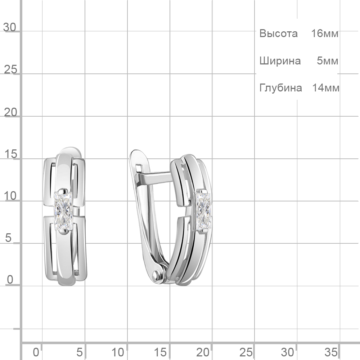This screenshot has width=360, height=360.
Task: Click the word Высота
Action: [x=278, y=33]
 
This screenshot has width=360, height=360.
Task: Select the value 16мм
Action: [x=324, y=33]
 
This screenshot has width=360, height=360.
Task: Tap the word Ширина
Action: [x=280, y=61]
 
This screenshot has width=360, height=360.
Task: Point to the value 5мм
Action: [x=327, y=61]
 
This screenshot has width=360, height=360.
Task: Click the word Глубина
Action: [x=280, y=88]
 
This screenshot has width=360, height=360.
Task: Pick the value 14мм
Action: [x=325, y=88]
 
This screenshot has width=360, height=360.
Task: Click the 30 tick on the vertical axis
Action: [x=9, y=27]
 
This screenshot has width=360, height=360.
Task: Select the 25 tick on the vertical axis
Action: [x=10, y=69]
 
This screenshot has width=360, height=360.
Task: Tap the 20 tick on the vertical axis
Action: [x=10, y=112]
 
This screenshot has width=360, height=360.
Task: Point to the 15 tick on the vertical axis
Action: [x=10, y=154]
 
